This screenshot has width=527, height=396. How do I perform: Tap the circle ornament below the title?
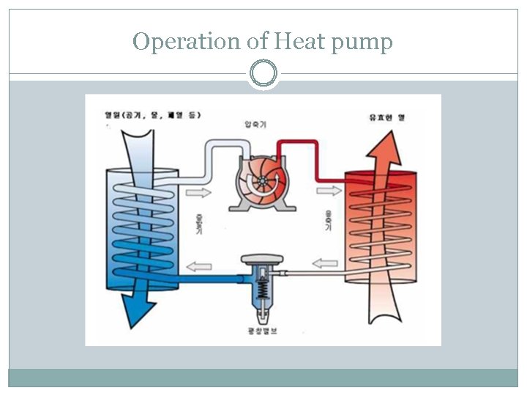[263, 73]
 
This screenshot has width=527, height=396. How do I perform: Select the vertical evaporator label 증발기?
[199, 224]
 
